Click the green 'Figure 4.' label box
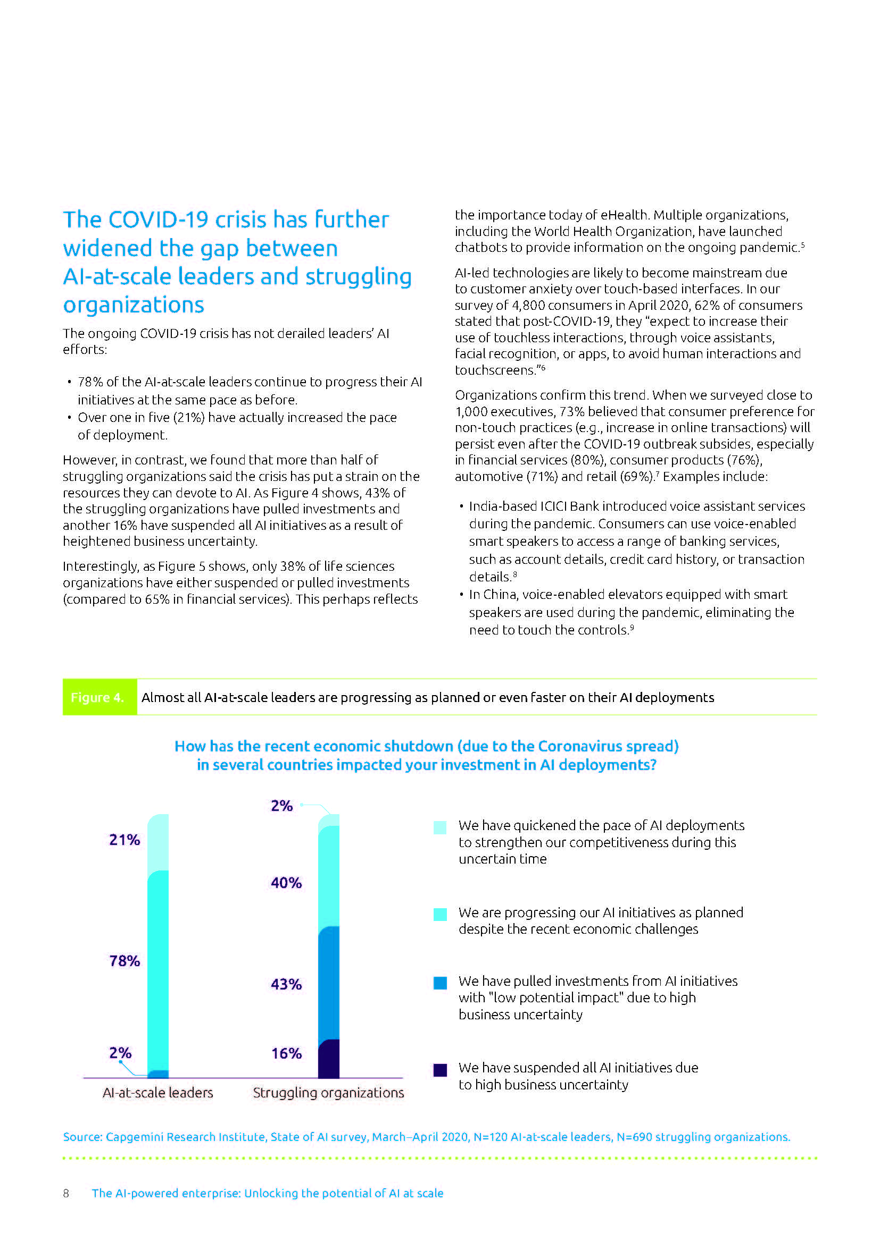pos(99,697)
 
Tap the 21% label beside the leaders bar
pos(124,840)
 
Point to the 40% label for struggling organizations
pos(286,883)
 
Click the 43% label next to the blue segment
pos(286,984)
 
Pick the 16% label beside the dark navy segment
pos(286,1053)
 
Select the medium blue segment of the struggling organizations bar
pos(328,983)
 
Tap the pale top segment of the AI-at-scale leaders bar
pos(157,842)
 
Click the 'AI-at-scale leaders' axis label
pos(157,1093)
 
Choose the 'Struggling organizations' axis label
pos(328,1093)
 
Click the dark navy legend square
pos(440,1070)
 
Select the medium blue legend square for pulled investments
pos(440,983)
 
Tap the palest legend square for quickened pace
pos(440,827)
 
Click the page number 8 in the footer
pos(66,1193)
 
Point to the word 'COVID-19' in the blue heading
pos(158,220)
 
